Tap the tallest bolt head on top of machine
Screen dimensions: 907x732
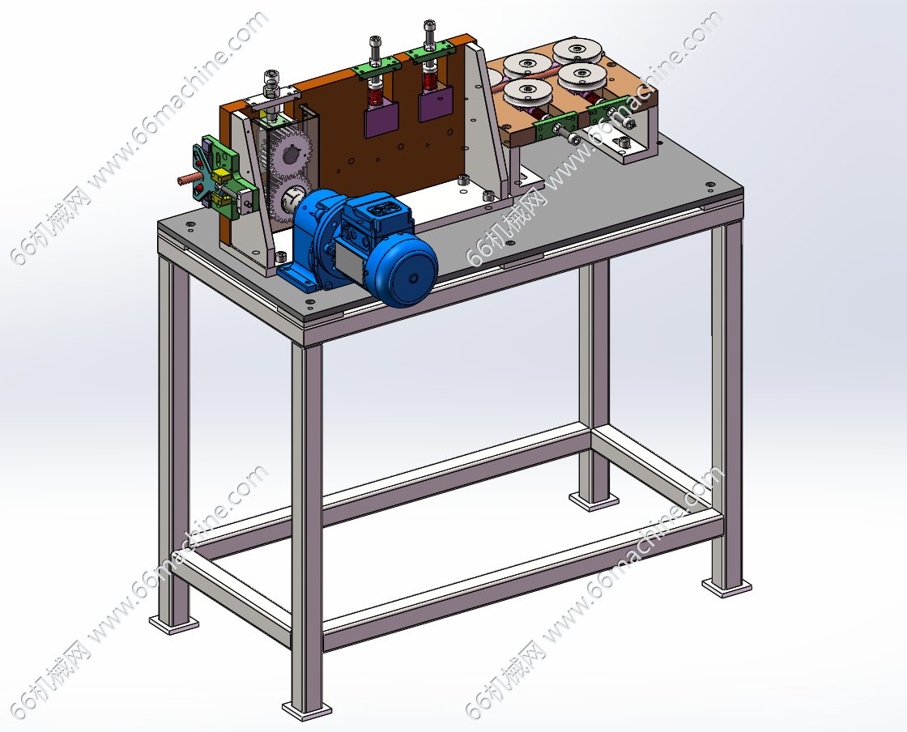(429, 27)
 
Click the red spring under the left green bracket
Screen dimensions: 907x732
(376, 91)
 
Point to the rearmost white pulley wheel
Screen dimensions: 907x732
(576, 50)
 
